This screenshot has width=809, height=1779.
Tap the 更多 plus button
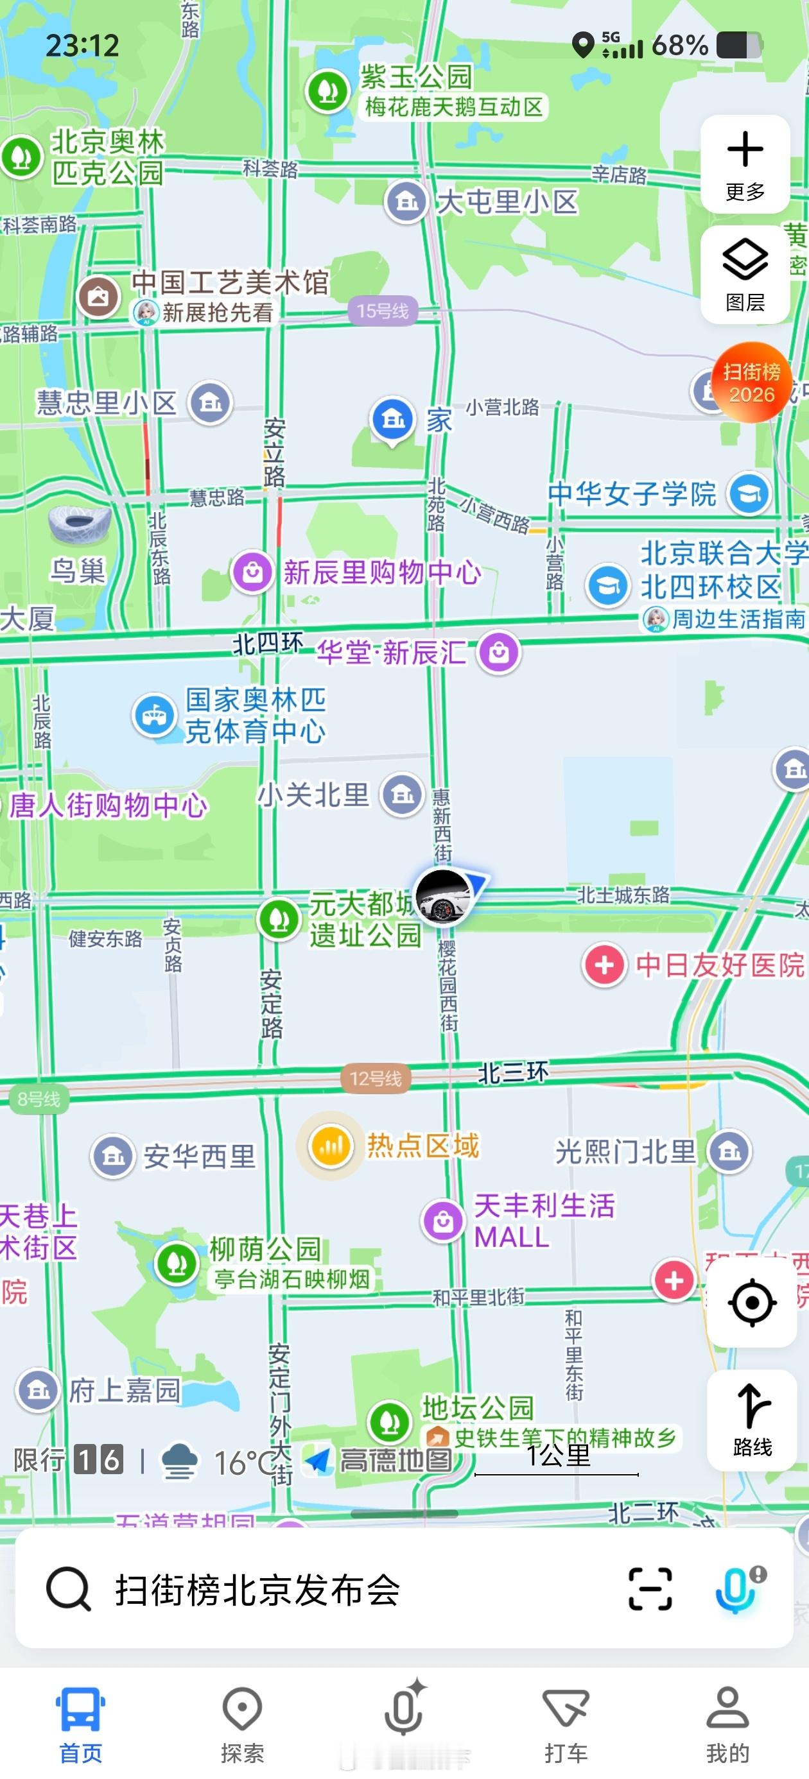click(x=745, y=164)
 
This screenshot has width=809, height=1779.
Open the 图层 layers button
click(x=745, y=274)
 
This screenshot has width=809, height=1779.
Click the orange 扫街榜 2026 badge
click(x=752, y=382)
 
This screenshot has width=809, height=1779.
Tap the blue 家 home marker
click(x=393, y=418)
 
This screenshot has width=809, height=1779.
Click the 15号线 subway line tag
click(x=383, y=311)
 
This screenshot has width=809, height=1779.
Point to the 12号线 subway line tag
click(x=376, y=1078)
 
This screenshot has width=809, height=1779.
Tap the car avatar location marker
click(x=444, y=896)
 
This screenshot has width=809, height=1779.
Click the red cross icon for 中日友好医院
click(x=605, y=965)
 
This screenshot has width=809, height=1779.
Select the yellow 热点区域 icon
click(x=330, y=1146)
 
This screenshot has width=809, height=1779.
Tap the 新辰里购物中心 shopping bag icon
click(x=252, y=572)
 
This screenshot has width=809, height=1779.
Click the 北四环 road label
click(x=268, y=644)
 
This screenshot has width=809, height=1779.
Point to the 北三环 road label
click(x=513, y=1072)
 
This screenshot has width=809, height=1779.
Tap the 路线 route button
click(x=752, y=1418)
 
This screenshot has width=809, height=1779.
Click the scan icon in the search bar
click(x=649, y=1589)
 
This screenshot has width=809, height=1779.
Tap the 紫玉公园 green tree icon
click(x=327, y=90)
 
